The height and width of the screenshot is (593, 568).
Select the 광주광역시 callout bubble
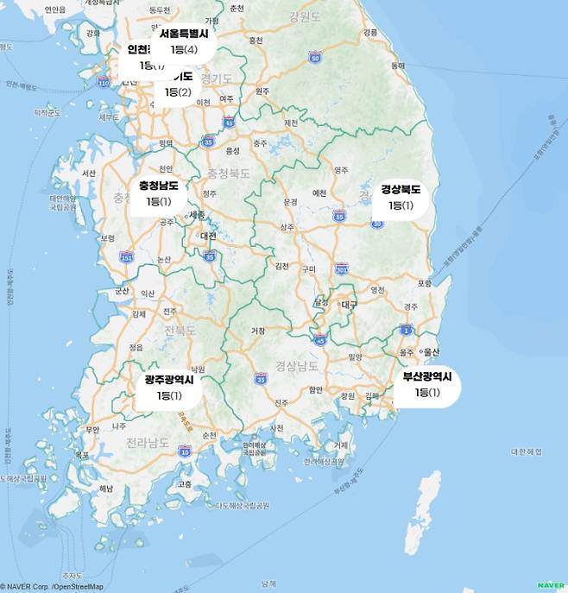coord(169,388)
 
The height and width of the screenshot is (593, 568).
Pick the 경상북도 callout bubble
coord(401,198)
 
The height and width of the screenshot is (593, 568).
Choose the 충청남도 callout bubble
coord(159,193)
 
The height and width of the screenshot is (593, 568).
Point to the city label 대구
coord(349,305)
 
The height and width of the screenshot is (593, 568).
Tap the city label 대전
coord(208,235)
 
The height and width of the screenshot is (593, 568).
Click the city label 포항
coord(424,283)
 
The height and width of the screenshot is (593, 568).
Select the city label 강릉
coord(370,32)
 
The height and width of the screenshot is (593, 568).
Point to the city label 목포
coord(82,454)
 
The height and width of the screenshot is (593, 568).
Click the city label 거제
coord(341,445)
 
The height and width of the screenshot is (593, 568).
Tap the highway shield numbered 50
coord(315,57)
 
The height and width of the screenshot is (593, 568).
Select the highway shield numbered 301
coord(342,268)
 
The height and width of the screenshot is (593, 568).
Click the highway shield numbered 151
coord(127,256)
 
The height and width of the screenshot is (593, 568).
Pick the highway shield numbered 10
coord(185,451)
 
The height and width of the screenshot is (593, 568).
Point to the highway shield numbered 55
coord(339,216)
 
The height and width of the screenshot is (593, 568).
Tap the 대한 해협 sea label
coord(526,451)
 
